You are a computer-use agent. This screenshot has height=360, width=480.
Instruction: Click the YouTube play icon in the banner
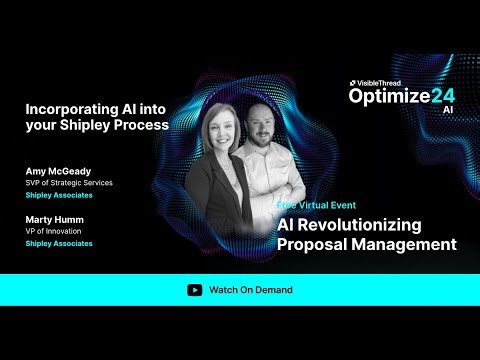194,290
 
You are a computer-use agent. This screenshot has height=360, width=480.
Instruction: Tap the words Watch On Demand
251,290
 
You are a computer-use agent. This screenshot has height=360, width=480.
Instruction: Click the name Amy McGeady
59,171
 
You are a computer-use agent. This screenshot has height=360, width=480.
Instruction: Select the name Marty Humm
56,219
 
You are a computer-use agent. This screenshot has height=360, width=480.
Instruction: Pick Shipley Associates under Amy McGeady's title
59,195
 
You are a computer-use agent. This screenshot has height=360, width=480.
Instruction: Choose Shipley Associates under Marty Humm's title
59,243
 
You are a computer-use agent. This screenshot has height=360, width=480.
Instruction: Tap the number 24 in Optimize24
443,96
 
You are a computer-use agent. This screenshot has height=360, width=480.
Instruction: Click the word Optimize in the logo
389,96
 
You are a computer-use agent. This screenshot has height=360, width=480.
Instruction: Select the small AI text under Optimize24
448,110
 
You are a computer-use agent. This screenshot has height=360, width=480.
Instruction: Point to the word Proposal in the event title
314,244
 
